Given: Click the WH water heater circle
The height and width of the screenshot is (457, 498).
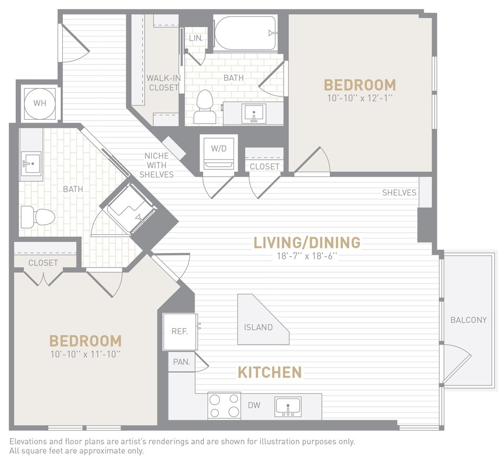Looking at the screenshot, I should [x=40, y=103].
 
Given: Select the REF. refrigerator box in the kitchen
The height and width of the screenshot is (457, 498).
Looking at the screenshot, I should [x=180, y=331].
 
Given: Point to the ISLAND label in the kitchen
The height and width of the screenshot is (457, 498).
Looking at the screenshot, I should [x=258, y=327].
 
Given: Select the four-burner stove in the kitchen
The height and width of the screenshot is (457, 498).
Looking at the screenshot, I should [x=224, y=406].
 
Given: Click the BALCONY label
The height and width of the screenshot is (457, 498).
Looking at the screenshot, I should [x=468, y=320].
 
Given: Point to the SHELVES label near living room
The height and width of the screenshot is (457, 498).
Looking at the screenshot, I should [x=399, y=193].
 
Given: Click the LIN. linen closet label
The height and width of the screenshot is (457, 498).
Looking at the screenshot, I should [x=196, y=38].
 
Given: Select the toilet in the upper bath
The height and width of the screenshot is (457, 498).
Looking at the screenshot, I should [x=204, y=107].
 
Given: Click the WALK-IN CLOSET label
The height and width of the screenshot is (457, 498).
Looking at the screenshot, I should [x=163, y=82].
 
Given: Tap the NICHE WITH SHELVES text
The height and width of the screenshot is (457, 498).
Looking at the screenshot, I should [x=156, y=165].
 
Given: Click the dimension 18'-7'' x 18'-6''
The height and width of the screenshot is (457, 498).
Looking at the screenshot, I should [x=307, y=256].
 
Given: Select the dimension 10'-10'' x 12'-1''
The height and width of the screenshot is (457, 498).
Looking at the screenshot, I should [x=359, y=99].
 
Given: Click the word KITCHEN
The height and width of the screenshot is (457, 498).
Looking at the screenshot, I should [x=269, y=372].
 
